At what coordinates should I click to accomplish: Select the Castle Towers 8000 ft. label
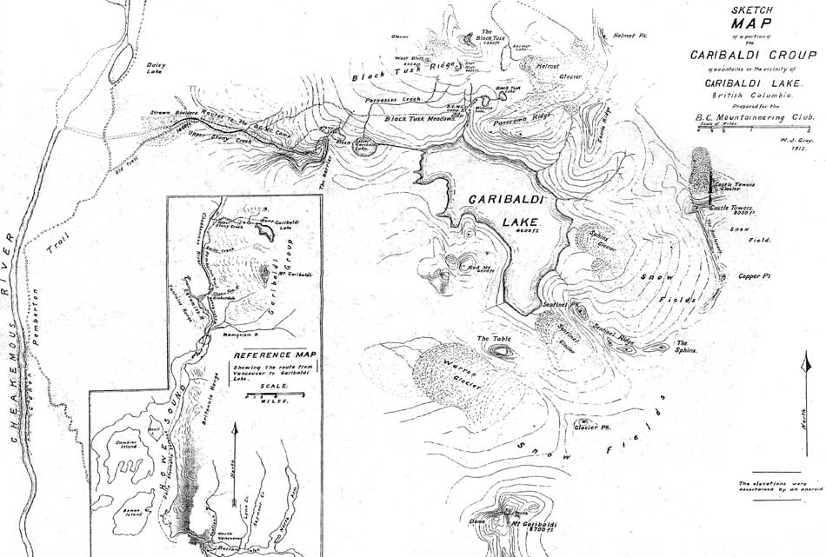coord(731,210)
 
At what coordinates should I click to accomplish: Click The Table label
coord(491,338)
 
